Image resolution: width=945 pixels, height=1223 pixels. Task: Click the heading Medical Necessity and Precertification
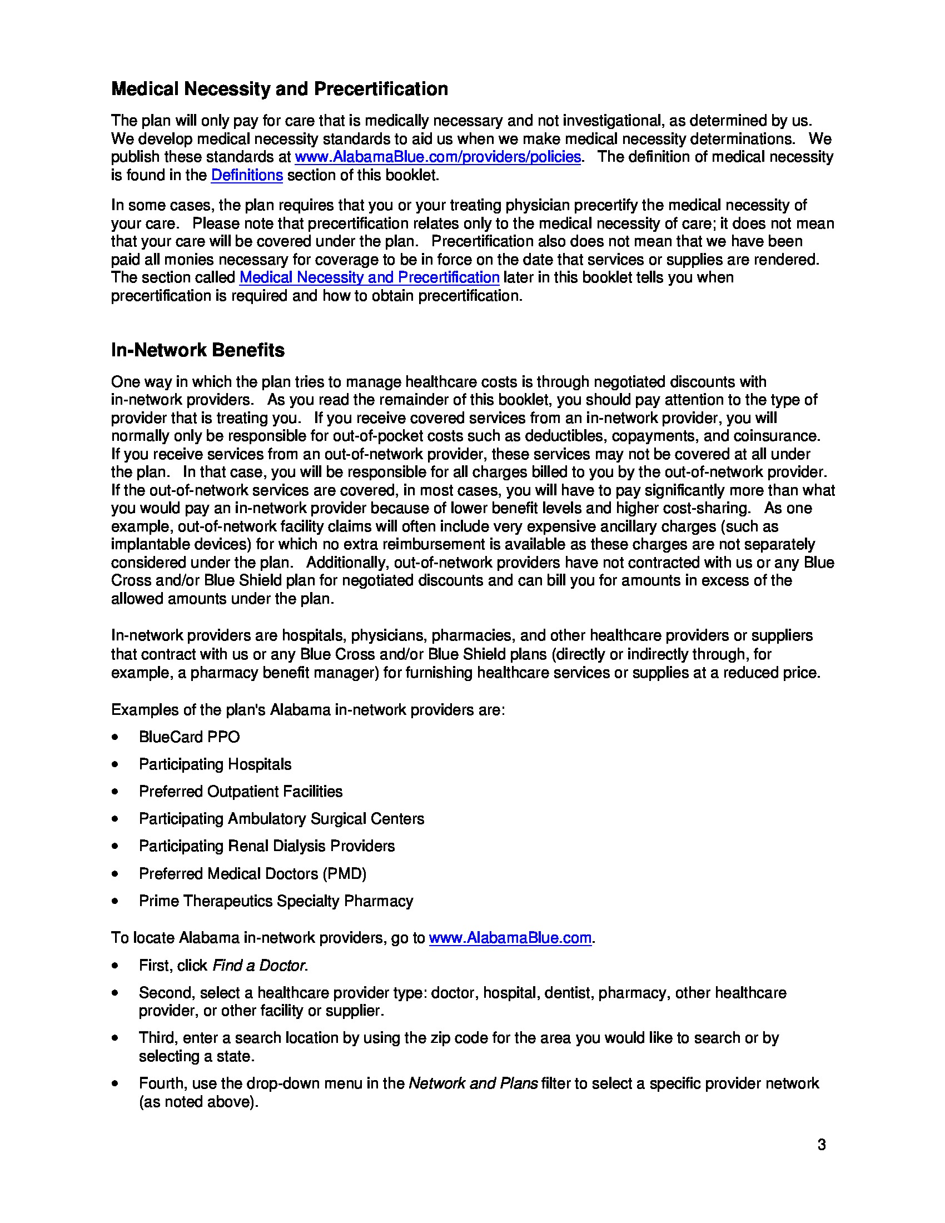point(280,89)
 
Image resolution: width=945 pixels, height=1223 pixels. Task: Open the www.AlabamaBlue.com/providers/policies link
point(437,157)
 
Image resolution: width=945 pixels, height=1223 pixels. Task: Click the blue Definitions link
point(247,175)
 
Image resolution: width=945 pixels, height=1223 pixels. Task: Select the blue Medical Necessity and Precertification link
point(369,278)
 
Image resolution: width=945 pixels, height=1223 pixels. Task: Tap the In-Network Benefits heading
point(198,351)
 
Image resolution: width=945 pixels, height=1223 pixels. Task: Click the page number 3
point(821,1145)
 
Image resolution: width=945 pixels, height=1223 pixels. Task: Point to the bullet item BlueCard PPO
point(189,737)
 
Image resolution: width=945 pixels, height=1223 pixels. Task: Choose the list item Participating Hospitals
point(215,764)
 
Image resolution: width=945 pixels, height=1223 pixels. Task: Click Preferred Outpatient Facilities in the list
point(241,792)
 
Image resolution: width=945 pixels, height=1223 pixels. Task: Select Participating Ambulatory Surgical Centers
point(282,819)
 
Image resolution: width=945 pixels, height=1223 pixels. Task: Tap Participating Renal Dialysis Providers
point(266,846)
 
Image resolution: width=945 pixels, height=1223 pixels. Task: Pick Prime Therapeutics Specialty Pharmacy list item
point(276,901)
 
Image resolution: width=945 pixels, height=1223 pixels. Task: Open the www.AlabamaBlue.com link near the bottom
point(510,938)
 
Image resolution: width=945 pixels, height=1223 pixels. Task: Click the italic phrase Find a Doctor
point(259,966)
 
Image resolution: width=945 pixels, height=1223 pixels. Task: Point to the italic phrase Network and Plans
point(473,1083)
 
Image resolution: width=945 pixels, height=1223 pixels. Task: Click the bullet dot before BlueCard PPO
point(115,738)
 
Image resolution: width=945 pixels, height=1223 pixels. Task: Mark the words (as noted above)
point(199,1102)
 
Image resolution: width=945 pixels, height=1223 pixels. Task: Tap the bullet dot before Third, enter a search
point(115,1038)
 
